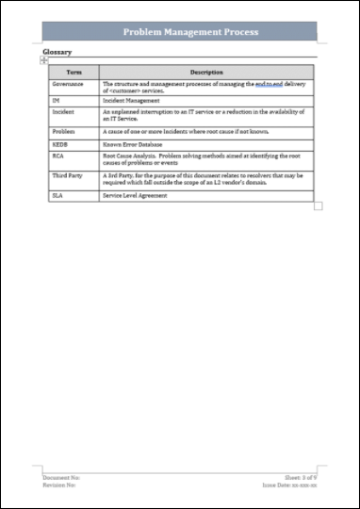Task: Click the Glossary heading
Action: pyautogui.click(x=57, y=52)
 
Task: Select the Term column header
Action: pyautogui.click(x=73, y=72)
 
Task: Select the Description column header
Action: pyautogui.click(x=205, y=72)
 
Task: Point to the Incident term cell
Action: pyautogui.click(x=63, y=111)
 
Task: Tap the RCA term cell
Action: pyautogui.click(x=58, y=157)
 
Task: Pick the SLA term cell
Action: pyautogui.click(x=58, y=195)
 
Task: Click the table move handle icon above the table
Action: pyautogui.click(x=44, y=60)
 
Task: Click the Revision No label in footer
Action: pyautogui.click(x=59, y=485)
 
